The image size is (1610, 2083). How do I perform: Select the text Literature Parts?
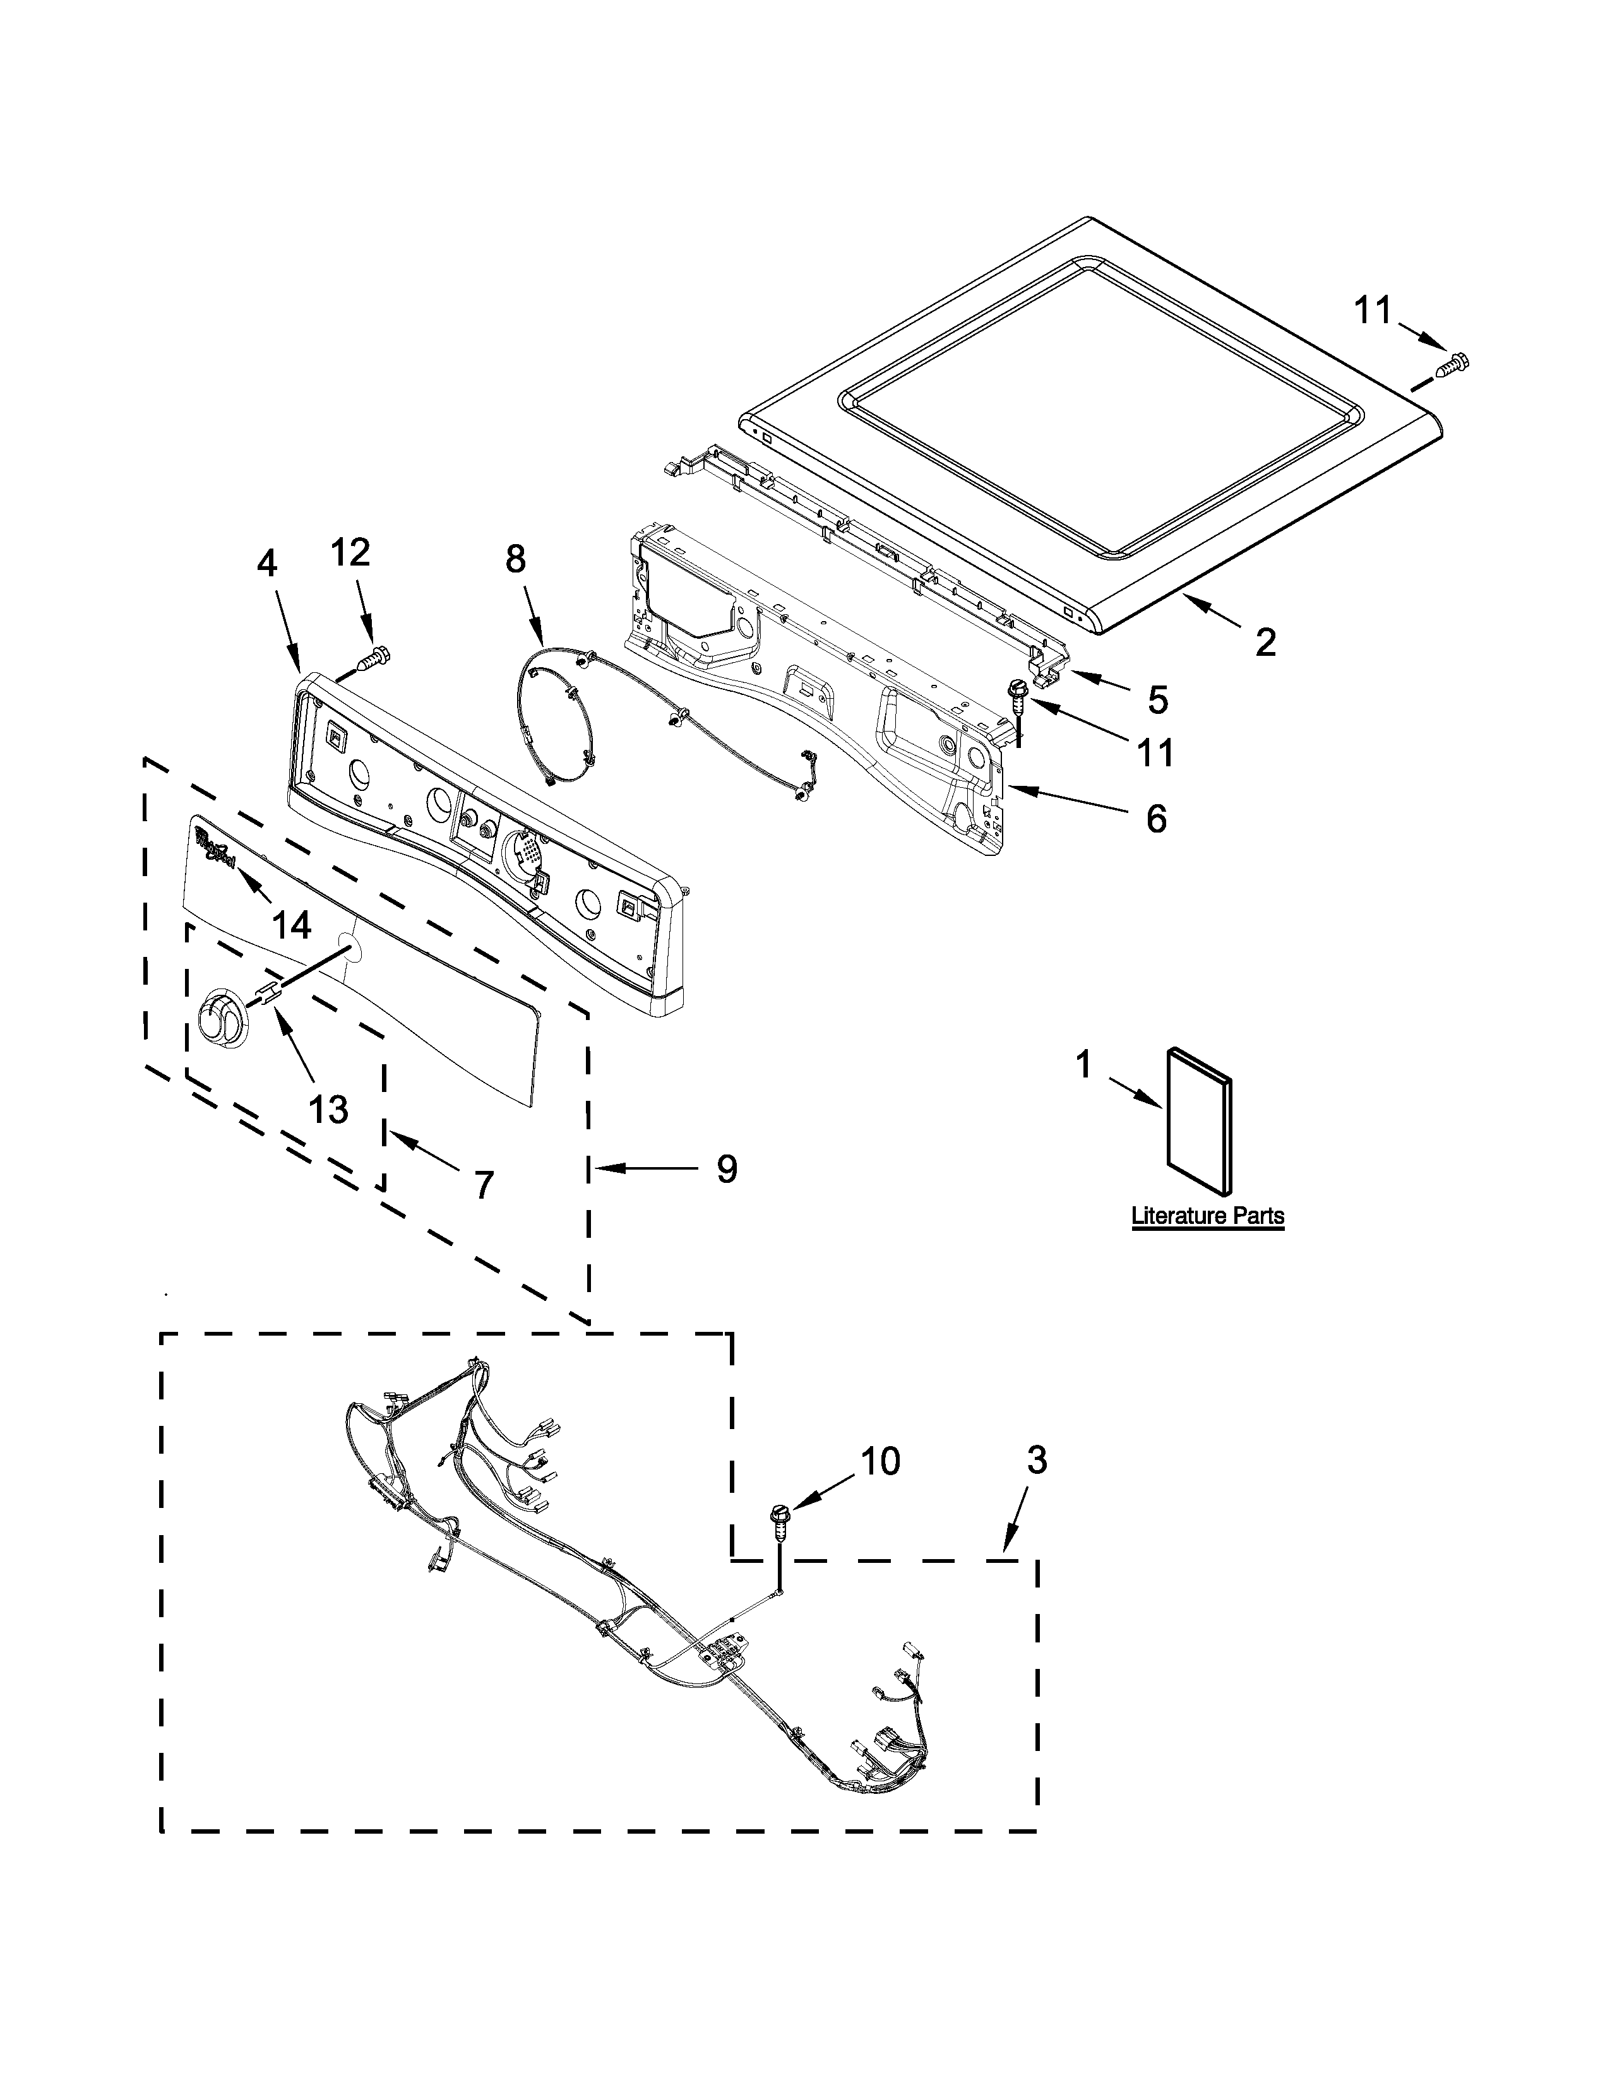(1207, 1216)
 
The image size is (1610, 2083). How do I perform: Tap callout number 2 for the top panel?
(1265, 642)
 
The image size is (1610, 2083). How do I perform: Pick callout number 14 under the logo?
(291, 923)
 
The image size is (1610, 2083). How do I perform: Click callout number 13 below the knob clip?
(329, 1108)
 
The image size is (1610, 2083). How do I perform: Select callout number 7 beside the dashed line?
(484, 1185)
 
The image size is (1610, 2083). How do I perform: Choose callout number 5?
(1157, 699)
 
